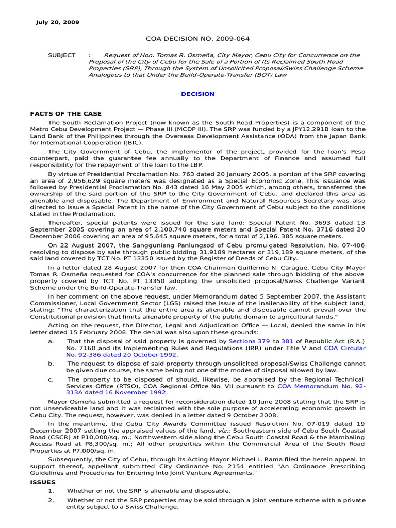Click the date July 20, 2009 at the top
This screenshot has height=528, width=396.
[57, 22]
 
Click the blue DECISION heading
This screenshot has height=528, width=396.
[197, 94]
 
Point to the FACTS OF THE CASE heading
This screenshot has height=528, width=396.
[65, 113]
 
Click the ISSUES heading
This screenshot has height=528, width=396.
[43, 483]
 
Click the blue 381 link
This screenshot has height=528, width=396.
[289, 342]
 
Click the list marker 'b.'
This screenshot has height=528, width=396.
[51, 364]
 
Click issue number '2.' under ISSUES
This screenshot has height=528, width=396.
[51, 501]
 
